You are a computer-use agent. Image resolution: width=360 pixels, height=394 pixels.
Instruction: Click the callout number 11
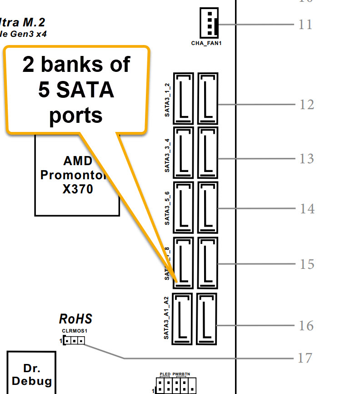coord(305,24)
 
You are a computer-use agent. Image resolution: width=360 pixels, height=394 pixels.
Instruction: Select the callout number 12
coord(307,105)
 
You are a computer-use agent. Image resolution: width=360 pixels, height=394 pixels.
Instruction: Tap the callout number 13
coord(307,159)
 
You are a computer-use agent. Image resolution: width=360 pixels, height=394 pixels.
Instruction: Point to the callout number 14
coord(307,209)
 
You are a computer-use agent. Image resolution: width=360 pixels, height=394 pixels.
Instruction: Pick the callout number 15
coord(307,264)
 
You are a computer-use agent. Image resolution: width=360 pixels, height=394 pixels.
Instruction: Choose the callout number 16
coord(306,326)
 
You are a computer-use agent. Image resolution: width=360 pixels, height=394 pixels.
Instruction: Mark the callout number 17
coord(305,358)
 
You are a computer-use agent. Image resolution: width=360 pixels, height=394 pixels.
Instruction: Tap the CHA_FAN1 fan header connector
coord(209,23)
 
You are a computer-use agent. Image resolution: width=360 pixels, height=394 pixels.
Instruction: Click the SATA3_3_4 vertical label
coord(167,155)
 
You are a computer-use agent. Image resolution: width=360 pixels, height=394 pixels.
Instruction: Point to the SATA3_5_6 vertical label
coord(167,209)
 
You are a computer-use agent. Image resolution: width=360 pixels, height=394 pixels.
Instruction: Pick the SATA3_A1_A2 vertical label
coord(167,318)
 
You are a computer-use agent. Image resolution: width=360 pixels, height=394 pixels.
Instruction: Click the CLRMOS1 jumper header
coord(74,340)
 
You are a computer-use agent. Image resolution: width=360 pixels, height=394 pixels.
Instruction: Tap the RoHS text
coord(75,318)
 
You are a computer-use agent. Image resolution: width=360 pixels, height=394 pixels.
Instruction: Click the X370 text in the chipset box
coord(77,189)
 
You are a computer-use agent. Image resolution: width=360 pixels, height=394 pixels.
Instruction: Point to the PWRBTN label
coord(181,374)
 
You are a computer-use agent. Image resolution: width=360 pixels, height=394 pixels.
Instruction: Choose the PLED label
coord(165,374)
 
